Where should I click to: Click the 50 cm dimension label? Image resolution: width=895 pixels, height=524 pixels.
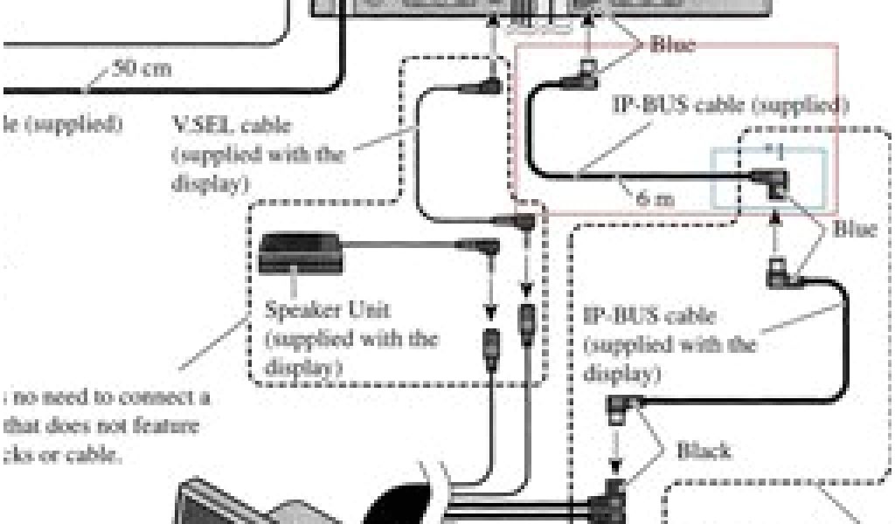143,68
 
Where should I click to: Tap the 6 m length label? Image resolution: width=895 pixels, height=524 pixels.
656,198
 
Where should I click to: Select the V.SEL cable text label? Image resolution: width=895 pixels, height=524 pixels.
232,127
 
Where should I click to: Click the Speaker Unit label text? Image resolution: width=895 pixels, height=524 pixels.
327,310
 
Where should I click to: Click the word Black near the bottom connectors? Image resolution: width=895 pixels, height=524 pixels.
704,451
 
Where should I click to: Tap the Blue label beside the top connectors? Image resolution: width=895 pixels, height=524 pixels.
673,45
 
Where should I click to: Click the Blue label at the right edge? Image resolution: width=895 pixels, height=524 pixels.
854,231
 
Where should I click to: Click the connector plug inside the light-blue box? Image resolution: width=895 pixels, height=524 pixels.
774,182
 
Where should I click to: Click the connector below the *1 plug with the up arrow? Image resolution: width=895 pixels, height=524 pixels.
777,274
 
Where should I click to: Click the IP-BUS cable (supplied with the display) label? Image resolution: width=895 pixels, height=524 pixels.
670,344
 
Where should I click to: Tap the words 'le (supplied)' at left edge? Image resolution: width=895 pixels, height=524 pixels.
61,123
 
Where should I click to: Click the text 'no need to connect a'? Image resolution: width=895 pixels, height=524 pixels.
109,398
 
